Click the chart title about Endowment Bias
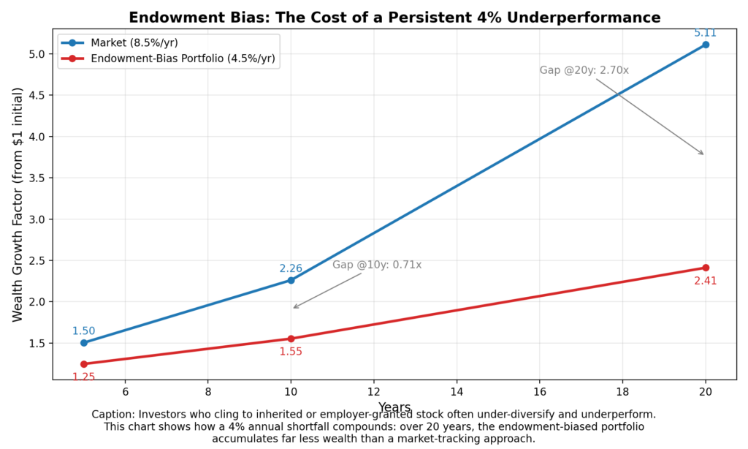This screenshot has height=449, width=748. pos(394,18)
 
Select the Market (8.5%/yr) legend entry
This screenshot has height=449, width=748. pos(139,42)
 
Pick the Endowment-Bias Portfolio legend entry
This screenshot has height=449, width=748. pos(183,59)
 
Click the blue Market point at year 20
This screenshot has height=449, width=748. pos(706,45)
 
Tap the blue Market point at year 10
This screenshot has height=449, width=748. pos(291,280)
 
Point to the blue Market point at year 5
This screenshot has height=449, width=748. pos(83,343)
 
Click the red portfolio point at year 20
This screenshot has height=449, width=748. pos(706,268)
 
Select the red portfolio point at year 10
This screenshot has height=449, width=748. pos(291,339)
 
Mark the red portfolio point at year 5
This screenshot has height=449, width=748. pos(83,363)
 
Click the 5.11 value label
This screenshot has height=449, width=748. pos(706,33)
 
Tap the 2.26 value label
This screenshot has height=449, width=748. pos(291,268)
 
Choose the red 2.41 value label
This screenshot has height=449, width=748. pos(706,281)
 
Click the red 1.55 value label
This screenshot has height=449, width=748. pos(291,352)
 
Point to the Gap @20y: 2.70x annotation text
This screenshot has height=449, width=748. pos(584,70)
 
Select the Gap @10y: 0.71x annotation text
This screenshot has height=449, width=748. pos(377,265)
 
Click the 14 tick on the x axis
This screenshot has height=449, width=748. pos(457,392)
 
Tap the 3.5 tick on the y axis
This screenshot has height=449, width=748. pos(37,178)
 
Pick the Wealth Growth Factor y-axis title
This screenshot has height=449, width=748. pos(18,204)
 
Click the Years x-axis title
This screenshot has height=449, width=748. pos(394,407)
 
